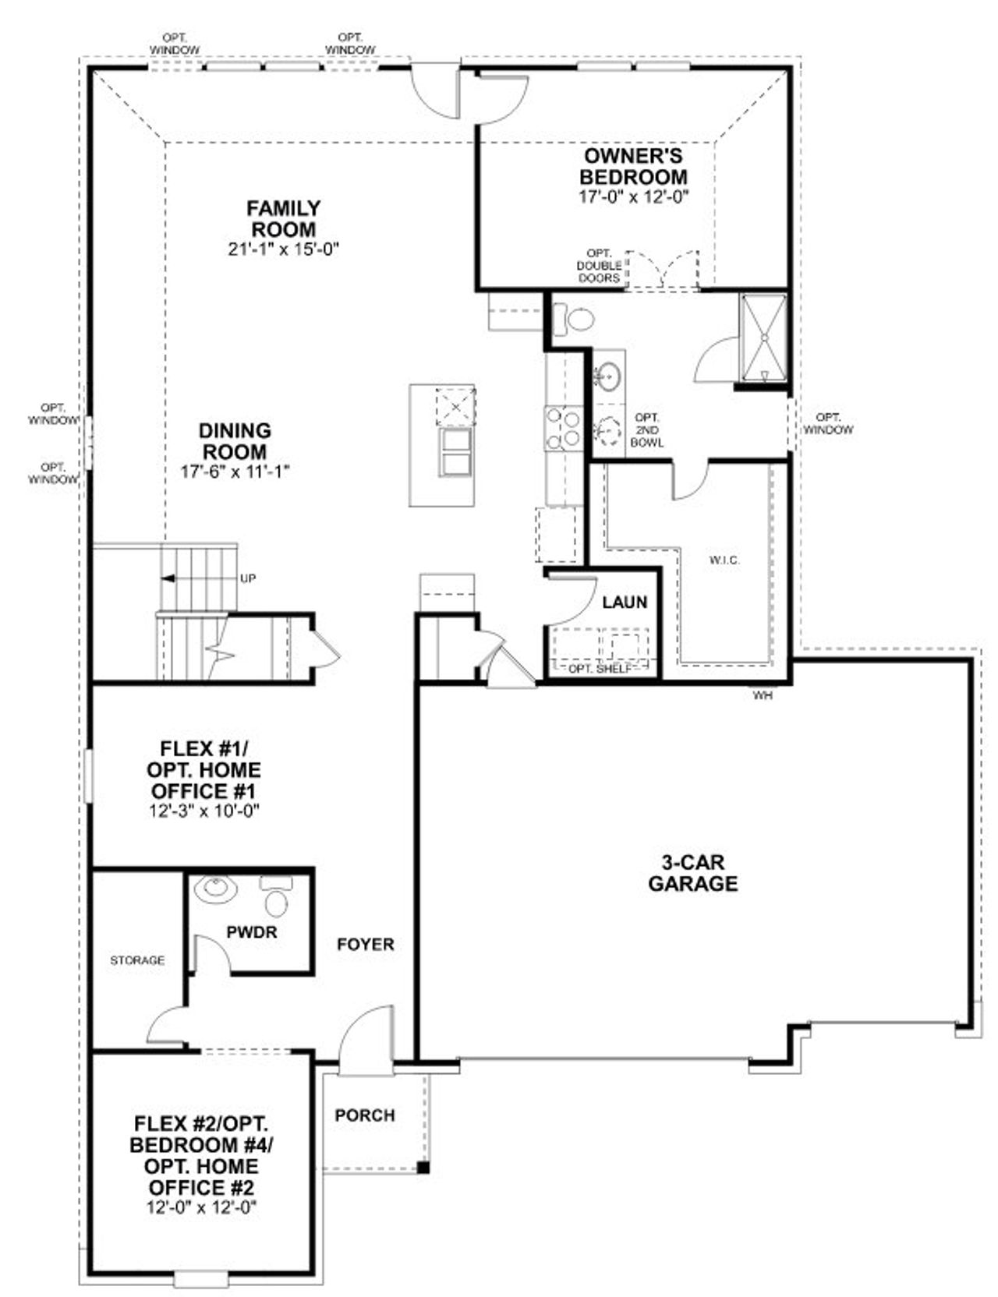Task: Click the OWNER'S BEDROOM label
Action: tap(634, 166)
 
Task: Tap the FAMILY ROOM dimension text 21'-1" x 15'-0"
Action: tap(284, 249)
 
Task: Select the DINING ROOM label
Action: tap(235, 441)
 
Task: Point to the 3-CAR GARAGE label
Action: tap(693, 873)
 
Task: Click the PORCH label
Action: tap(365, 1115)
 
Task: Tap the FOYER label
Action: tap(366, 944)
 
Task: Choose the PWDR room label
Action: tap(251, 931)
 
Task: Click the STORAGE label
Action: tap(137, 960)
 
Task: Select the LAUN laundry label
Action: tap(625, 602)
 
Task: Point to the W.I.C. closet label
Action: tap(724, 560)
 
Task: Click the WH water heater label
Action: tap(763, 695)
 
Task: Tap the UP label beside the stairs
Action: tap(248, 578)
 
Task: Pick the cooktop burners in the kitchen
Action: tap(563, 429)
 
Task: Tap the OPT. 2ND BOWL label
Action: tap(648, 429)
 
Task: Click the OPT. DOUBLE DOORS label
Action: tap(599, 266)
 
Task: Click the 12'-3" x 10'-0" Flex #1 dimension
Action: tap(203, 811)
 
